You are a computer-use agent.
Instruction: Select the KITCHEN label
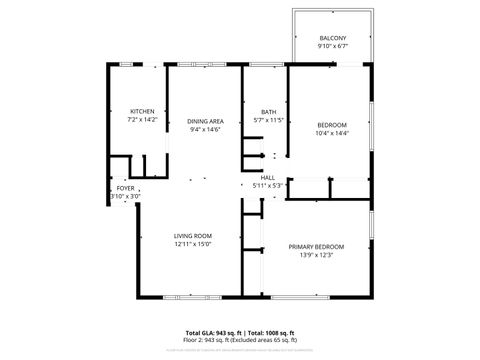(x=143, y=110)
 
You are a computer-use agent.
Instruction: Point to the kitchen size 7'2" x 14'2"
(x=143, y=119)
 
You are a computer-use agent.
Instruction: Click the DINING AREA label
(x=204, y=121)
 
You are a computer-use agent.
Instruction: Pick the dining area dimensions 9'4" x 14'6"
(x=204, y=129)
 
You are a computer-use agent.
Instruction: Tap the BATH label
(x=268, y=111)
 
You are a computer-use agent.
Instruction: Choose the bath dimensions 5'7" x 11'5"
(x=268, y=119)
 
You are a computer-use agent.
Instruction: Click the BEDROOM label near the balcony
(x=332, y=124)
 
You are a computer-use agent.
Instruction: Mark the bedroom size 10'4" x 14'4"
(x=332, y=132)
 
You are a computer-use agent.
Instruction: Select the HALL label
(x=268, y=177)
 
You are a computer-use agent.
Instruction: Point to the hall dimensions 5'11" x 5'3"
(x=268, y=185)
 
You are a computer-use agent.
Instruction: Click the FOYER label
(x=125, y=188)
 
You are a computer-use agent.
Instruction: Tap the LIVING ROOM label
(x=192, y=236)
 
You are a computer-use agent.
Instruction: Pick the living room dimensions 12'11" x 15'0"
(x=192, y=244)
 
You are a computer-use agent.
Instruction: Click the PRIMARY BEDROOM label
(x=316, y=247)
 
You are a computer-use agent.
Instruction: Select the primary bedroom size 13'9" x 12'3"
(x=316, y=255)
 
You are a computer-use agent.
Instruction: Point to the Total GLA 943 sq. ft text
(x=213, y=332)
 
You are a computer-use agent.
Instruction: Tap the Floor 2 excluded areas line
(x=240, y=339)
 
